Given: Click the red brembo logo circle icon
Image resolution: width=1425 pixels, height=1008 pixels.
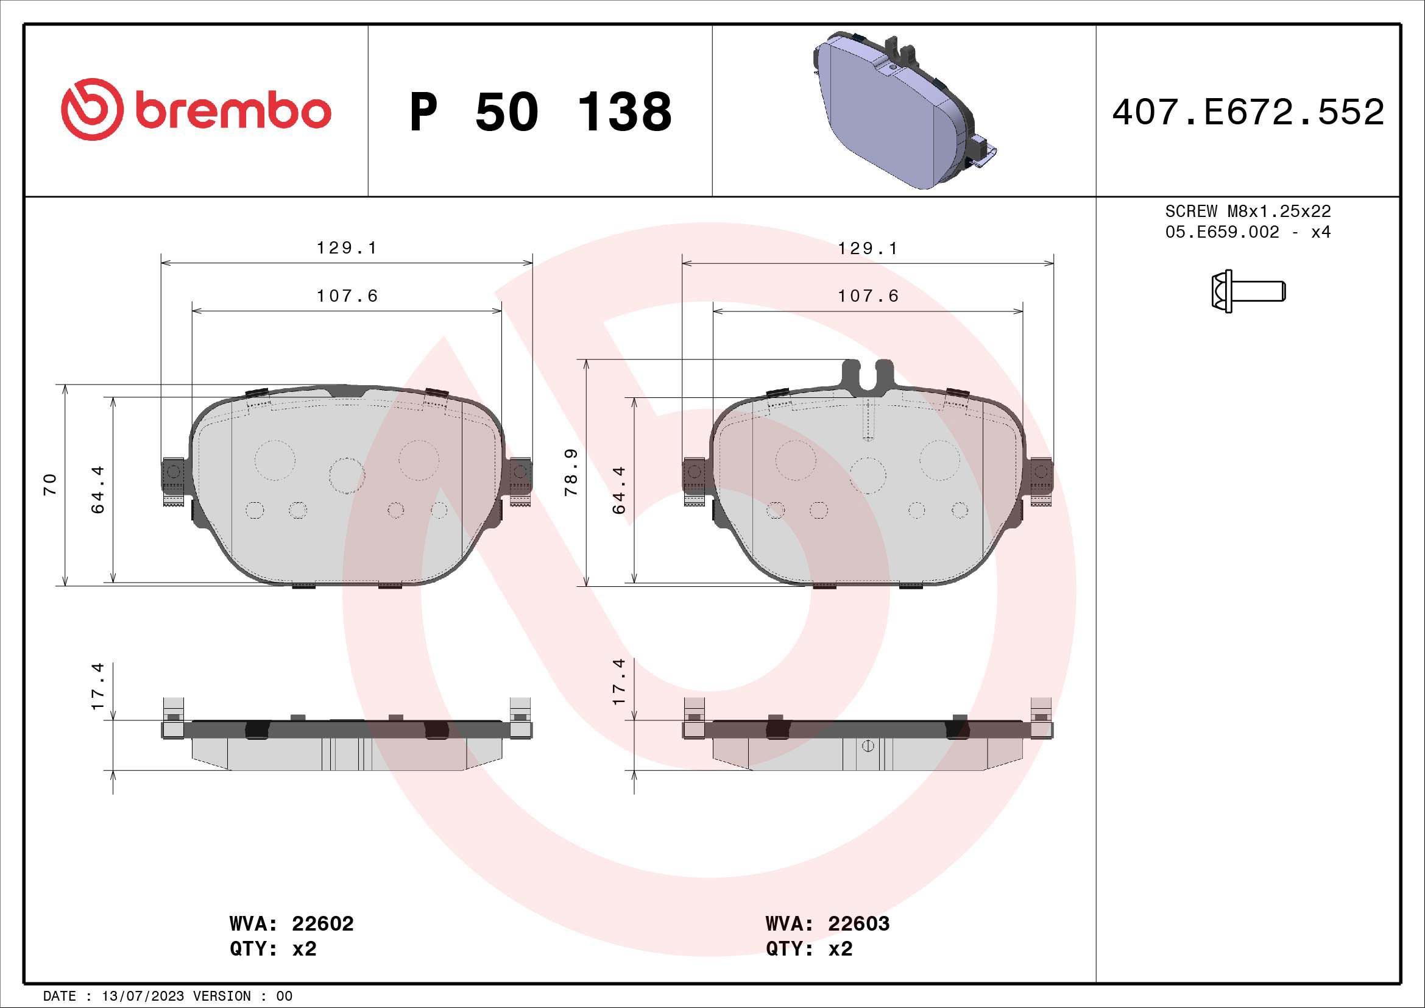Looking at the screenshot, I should click(x=90, y=109).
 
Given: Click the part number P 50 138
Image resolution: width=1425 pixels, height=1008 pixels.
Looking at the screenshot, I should click(x=540, y=112).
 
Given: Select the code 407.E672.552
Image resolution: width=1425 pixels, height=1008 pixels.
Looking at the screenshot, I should click(x=1248, y=112).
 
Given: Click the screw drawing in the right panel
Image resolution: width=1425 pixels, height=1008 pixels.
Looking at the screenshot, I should click(x=1248, y=291).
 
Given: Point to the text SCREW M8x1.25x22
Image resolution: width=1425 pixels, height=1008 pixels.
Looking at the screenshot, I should click(x=1248, y=211).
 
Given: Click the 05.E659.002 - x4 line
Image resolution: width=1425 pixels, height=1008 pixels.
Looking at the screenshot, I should click(x=1248, y=232).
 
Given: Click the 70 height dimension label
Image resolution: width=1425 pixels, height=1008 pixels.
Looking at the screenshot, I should click(x=49, y=484).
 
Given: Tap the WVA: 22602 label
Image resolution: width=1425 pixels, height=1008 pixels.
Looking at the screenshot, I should click(x=291, y=923).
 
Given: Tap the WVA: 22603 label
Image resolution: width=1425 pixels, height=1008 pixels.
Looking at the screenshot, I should click(x=827, y=923).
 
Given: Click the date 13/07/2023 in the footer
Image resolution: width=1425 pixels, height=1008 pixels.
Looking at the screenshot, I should click(x=143, y=996).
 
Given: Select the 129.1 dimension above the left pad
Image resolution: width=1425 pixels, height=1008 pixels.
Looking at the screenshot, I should click(x=347, y=247).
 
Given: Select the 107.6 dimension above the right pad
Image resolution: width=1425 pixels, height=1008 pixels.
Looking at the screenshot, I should click(x=868, y=296).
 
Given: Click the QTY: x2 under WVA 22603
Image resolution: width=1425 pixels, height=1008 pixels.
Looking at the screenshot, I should click(x=808, y=949).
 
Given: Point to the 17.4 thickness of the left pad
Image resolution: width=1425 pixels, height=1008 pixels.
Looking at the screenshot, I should click(x=98, y=686).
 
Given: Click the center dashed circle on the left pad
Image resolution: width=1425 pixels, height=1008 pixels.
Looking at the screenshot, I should click(x=346, y=475).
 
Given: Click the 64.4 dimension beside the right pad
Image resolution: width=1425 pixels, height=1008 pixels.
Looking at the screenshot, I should click(x=619, y=491).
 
